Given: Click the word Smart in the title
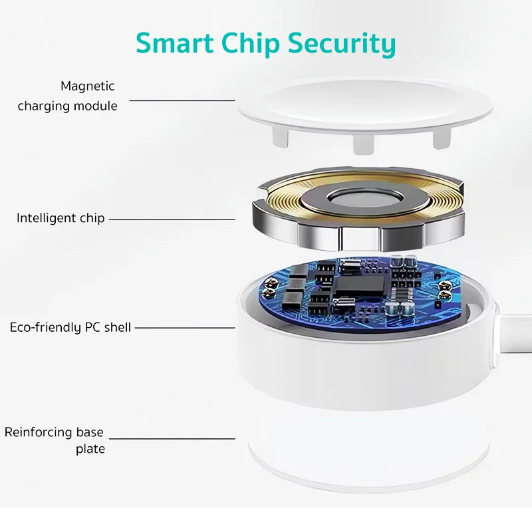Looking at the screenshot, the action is [174, 43].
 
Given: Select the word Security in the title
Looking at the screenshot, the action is [342, 44].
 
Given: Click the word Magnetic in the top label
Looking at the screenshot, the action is [88, 86].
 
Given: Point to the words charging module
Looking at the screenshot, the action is [68, 106].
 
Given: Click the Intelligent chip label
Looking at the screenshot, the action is [61, 218].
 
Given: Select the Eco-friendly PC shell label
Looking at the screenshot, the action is [70, 327].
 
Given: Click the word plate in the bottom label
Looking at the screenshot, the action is [90, 450].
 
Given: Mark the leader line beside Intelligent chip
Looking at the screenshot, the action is [172, 219].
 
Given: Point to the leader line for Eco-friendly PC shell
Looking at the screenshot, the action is [185, 328].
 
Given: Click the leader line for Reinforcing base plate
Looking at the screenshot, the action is [172, 439].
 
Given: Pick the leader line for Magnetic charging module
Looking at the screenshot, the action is [182, 100].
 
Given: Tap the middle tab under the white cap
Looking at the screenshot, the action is [363, 144].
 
